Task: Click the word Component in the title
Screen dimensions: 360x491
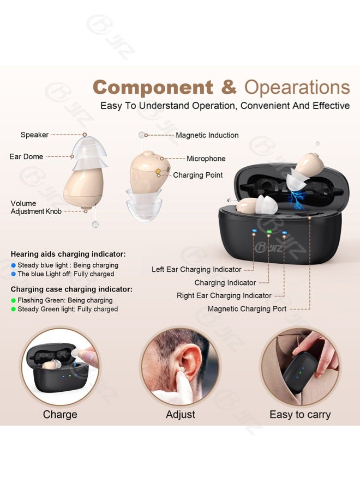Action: click(153, 87)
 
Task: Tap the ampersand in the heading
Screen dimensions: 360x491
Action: click(229, 87)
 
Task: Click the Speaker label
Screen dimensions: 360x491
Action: click(34, 135)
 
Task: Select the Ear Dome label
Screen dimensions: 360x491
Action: click(26, 156)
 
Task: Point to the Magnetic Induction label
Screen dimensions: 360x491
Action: click(207, 135)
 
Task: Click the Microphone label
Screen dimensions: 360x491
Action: click(206, 159)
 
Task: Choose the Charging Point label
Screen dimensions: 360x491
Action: click(197, 175)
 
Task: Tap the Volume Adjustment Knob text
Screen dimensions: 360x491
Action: click(36, 207)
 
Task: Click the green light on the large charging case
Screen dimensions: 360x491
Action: click(269, 232)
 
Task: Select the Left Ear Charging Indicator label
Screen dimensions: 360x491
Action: click(196, 269)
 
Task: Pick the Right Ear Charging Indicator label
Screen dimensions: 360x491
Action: click(224, 295)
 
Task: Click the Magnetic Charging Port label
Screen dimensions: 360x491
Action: click(247, 309)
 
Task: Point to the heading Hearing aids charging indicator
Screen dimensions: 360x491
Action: click(68, 254)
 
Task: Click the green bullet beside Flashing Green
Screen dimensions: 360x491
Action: click(13, 301)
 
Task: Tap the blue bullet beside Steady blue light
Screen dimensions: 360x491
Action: click(13, 265)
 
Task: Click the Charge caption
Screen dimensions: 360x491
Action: click(60, 415)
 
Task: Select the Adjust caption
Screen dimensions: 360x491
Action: click(181, 415)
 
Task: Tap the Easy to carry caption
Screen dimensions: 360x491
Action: click(300, 415)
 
